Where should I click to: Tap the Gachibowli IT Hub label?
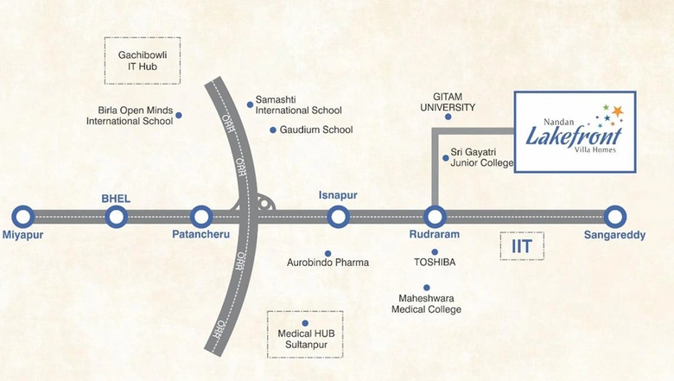143,60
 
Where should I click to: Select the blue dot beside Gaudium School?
273,130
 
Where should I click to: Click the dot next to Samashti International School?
250,105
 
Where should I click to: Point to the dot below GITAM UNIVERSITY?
448,117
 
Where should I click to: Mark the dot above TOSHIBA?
435,252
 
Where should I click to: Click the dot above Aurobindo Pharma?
328,253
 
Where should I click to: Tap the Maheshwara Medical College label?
426,304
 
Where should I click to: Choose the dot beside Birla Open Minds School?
179,115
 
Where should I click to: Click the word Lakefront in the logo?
574,137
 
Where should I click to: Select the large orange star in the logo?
617,111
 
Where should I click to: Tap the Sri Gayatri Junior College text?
482,157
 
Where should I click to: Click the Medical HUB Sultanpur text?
306,339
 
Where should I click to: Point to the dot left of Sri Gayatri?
446,158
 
